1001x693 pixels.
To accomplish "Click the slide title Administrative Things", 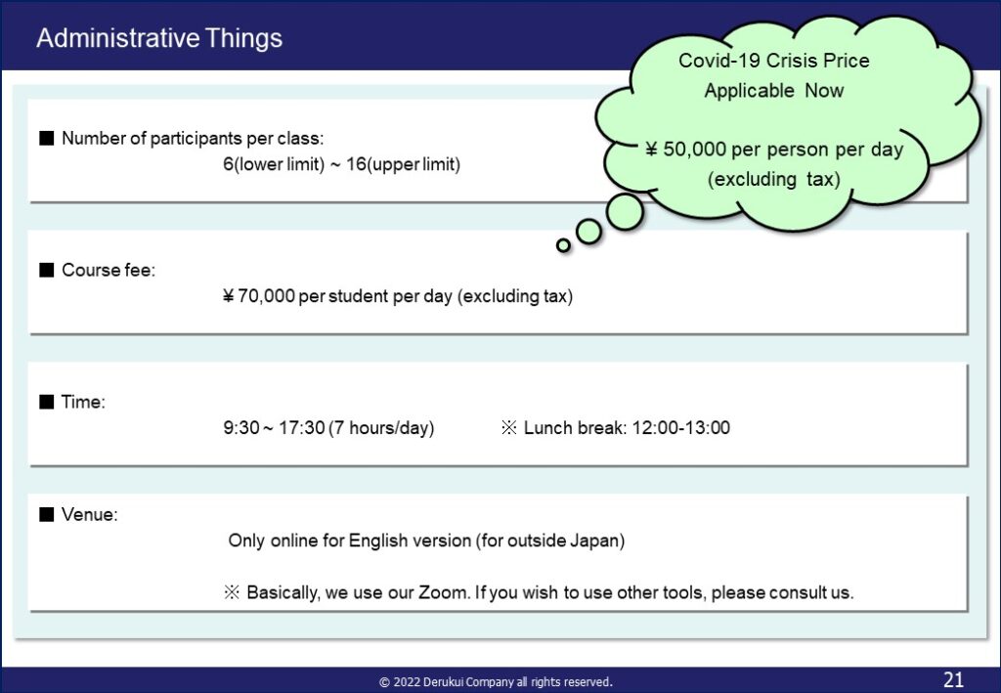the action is pyautogui.click(x=159, y=38).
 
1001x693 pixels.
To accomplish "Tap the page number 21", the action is pyautogui.click(x=953, y=679).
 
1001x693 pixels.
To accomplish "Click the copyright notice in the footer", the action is pyautogui.click(x=496, y=682).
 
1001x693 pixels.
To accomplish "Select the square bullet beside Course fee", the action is pyautogui.click(x=47, y=270).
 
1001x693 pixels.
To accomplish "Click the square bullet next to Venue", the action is pyautogui.click(x=47, y=514).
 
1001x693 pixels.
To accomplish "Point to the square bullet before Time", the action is pyautogui.click(x=47, y=402).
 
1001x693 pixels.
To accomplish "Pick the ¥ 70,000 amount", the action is pyautogui.click(x=258, y=296).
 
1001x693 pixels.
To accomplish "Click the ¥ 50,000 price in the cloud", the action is pyautogui.click(x=685, y=150).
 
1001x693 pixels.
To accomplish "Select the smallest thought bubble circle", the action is pyautogui.click(x=563, y=245).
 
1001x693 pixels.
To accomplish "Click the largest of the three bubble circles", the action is pyautogui.click(x=625, y=212).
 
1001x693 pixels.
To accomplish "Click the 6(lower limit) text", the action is pyautogui.click(x=274, y=164).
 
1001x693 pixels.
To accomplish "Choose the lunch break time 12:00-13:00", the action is pyautogui.click(x=680, y=427).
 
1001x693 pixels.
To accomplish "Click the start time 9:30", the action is pyautogui.click(x=240, y=427).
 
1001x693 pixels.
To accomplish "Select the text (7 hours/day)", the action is pyautogui.click(x=382, y=427).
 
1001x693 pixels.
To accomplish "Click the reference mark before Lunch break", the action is pyautogui.click(x=508, y=427).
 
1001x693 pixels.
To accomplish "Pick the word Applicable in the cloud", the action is pyautogui.click(x=750, y=91).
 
